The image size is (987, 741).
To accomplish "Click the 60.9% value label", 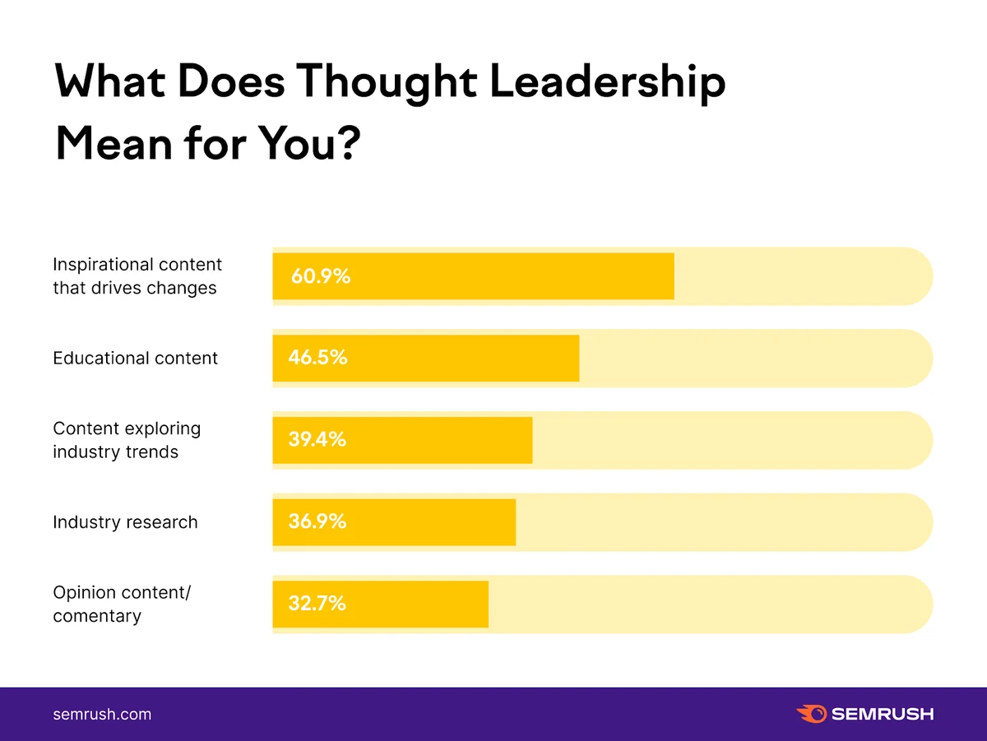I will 321,276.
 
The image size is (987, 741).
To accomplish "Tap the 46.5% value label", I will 317,358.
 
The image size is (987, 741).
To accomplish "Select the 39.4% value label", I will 317,440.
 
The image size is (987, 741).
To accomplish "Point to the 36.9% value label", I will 317,521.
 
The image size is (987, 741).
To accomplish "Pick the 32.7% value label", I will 317,604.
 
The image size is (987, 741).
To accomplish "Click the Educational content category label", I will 136,359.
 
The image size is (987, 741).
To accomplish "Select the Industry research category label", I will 125,522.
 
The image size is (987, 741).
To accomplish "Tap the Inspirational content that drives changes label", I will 137,276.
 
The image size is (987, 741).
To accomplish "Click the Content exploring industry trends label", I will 127,440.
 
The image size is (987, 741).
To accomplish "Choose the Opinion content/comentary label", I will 121,604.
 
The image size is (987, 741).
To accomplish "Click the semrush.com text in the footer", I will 102,714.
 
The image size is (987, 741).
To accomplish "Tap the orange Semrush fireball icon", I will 811,714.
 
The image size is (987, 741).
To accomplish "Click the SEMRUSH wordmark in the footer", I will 882,714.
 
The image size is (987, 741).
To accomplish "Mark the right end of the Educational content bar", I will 577,358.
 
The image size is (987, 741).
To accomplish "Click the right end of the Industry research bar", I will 514,521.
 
